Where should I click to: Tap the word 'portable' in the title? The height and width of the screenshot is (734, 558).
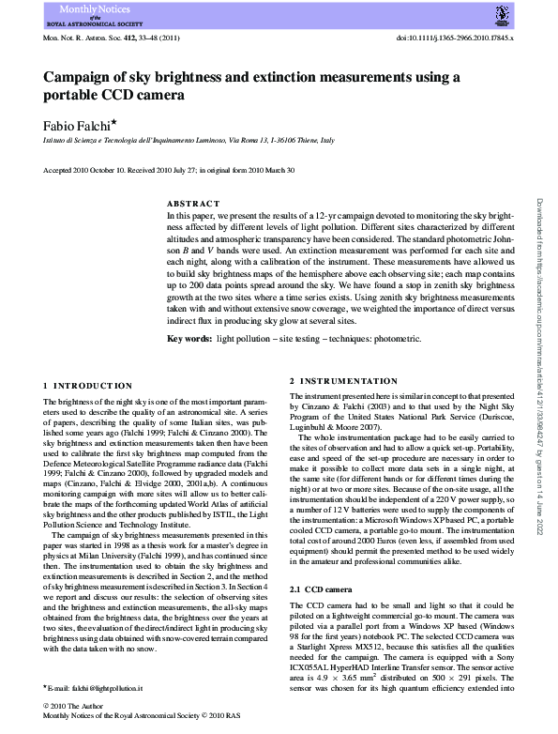pyautogui.click(x=70, y=95)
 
